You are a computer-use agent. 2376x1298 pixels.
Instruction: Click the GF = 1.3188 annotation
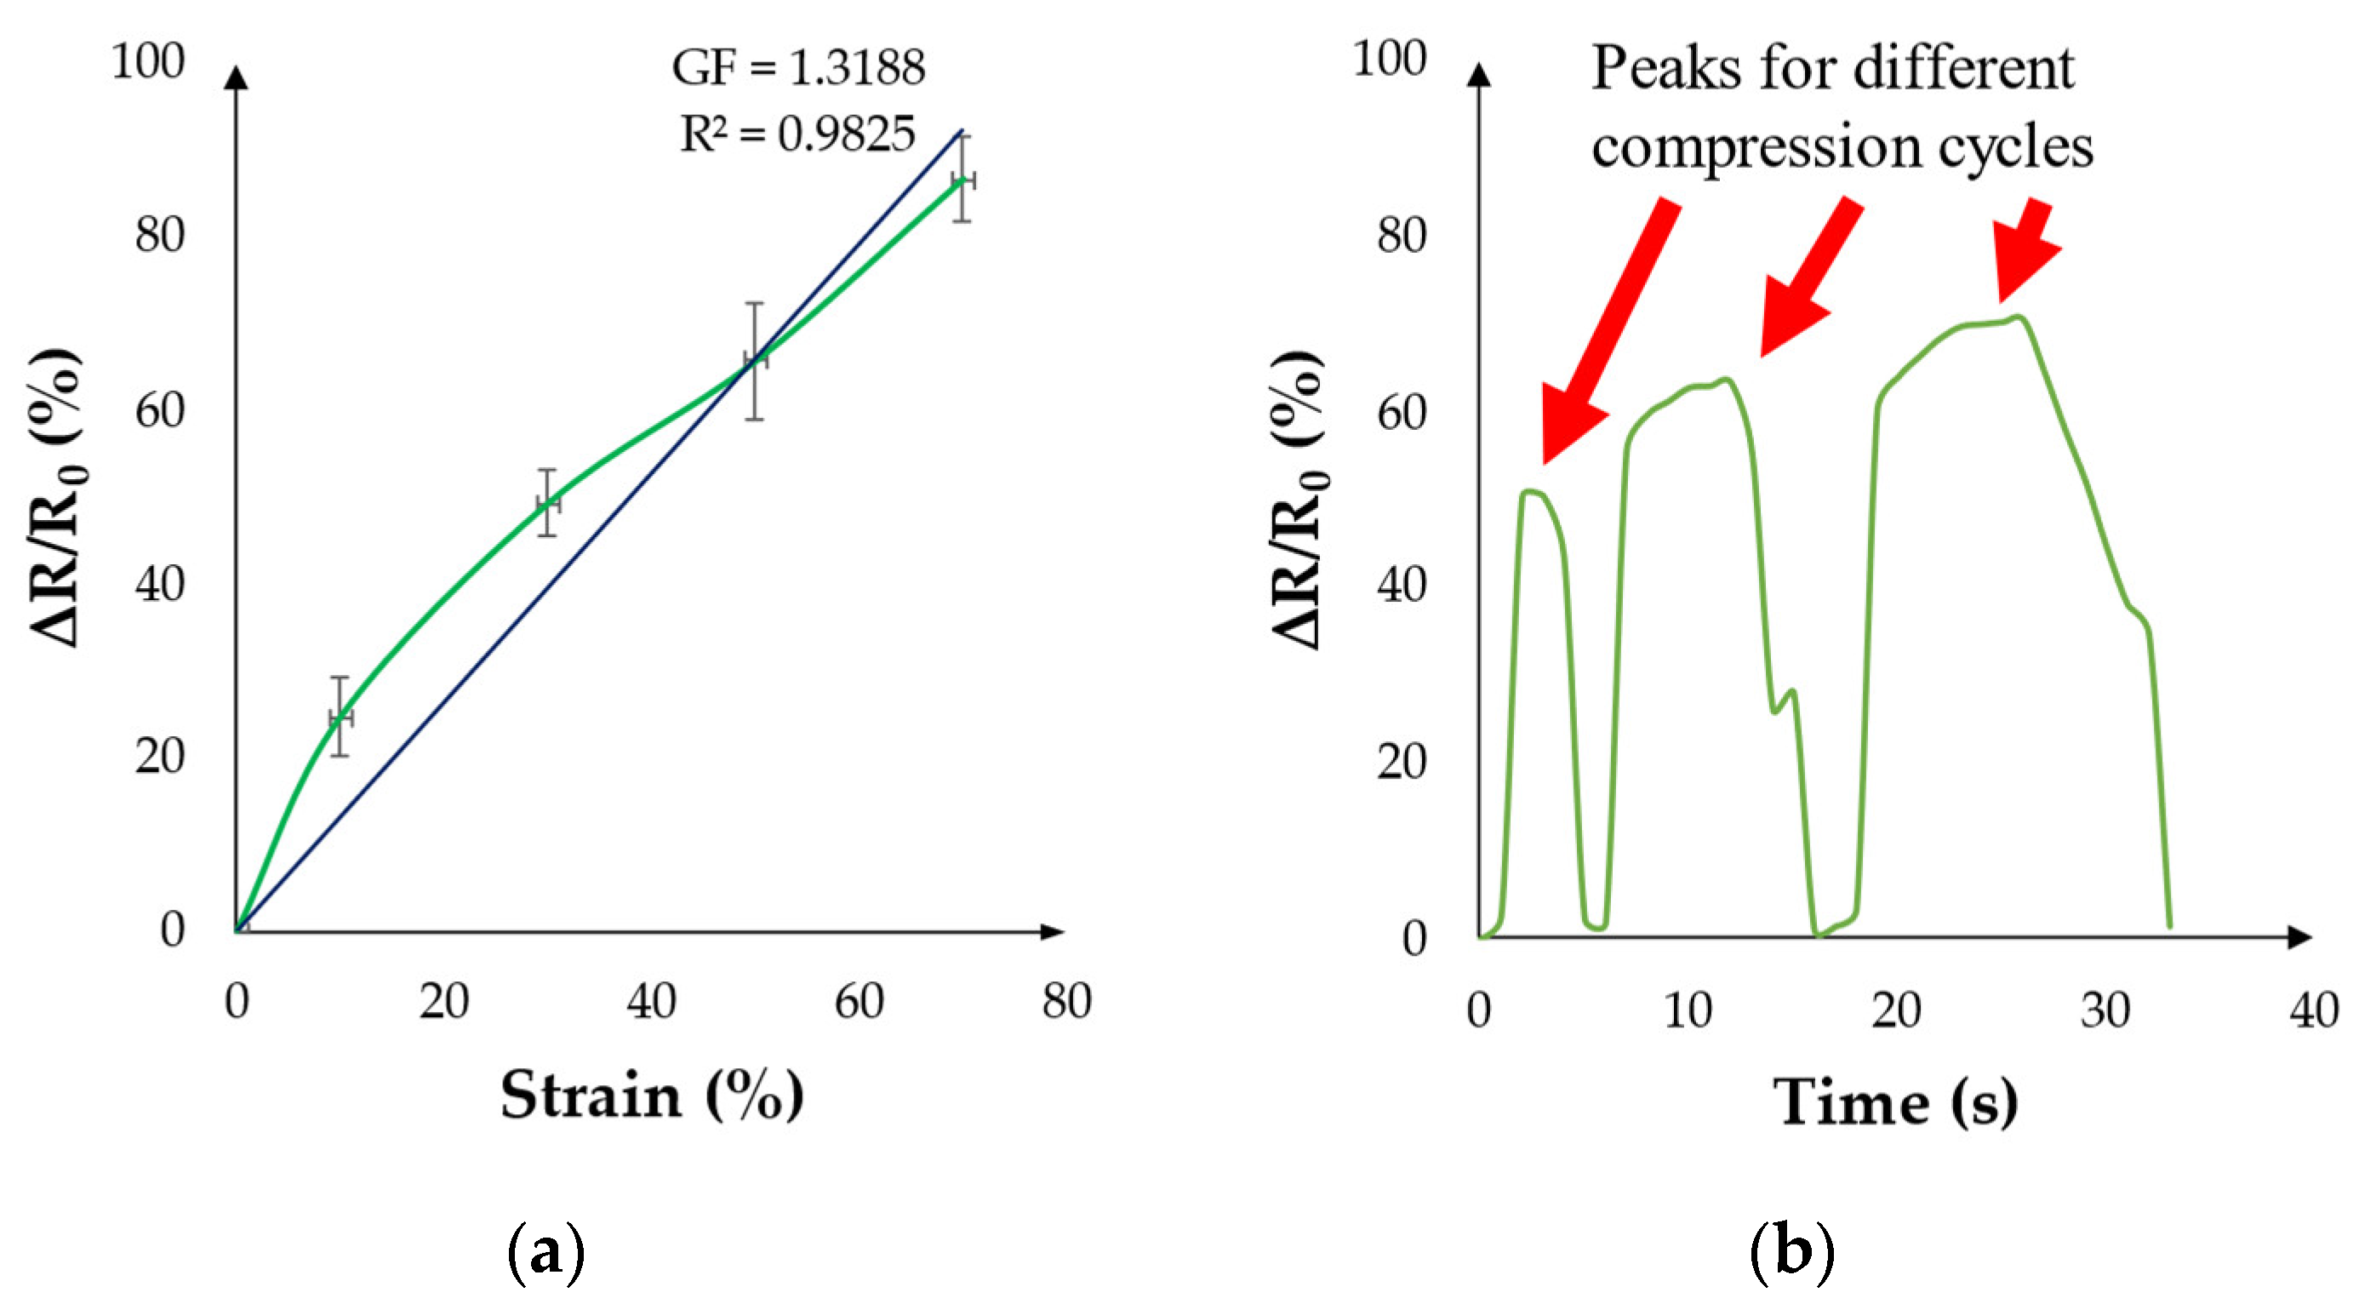click(x=798, y=67)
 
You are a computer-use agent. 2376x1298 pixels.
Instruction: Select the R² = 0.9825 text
click(x=798, y=134)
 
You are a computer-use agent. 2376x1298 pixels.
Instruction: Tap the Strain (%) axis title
click(x=652, y=1096)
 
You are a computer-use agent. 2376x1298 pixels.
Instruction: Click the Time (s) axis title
click(x=1894, y=1101)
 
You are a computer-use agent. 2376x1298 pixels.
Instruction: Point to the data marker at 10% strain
click(x=340, y=717)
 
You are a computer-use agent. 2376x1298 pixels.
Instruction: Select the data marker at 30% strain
click(x=548, y=504)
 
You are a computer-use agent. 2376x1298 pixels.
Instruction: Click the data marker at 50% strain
click(x=756, y=360)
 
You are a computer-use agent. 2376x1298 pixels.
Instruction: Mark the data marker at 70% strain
click(x=962, y=180)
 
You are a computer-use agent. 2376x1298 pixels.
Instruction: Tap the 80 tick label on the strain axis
click(x=1066, y=1001)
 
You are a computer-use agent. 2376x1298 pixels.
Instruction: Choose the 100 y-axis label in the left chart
click(x=147, y=62)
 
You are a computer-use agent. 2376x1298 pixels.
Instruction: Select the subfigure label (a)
click(x=546, y=1251)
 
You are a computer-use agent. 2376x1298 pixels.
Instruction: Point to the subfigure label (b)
click(x=1791, y=1251)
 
